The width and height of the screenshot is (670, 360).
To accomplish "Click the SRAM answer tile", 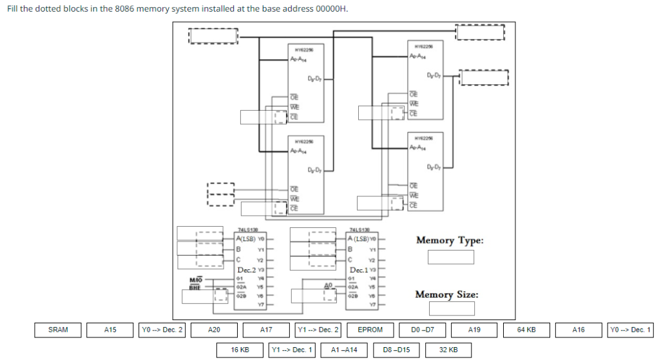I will (x=58, y=330).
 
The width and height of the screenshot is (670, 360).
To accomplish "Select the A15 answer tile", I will (x=110, y=330).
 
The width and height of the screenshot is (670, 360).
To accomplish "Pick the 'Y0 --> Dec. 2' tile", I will (x=162, y=330).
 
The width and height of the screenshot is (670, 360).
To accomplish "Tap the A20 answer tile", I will (x=214, y=330).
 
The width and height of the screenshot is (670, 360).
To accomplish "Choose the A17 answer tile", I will (x=265, y=330).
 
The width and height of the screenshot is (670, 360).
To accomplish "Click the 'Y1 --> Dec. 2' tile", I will (x=318, y=330).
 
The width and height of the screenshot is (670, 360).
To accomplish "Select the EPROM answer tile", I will (x=370, y=330).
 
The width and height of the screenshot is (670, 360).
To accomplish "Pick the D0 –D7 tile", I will (x=422, y=330).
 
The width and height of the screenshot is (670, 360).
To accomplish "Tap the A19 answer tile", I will (x=474, y=330).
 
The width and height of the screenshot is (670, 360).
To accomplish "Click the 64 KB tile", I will (x=526, y=330).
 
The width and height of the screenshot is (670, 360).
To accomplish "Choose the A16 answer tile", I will (x=578, y=330).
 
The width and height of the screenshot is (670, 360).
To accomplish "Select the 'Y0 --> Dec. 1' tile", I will (x=630, y=330).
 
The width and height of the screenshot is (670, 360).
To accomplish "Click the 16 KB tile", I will (x=240, y=350).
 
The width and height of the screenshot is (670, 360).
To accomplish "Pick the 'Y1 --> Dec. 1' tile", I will (x=292, y=350).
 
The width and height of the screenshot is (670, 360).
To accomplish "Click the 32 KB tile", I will (x=448, y=350).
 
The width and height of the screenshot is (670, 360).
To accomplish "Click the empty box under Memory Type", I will (x=451, y=257).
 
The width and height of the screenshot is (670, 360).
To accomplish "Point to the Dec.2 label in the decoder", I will (x=247, y=270).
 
